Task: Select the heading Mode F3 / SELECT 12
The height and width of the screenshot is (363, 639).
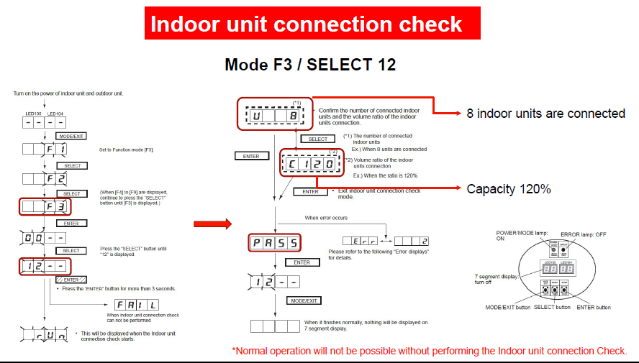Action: click(x=310, y=64)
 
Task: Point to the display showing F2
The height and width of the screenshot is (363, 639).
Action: click(x=46, y=180)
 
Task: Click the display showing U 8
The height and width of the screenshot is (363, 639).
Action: click(x=274, y=115)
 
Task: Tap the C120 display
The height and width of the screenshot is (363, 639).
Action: click(x=308, y=165)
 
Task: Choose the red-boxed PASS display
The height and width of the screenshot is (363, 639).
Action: click(x=274, y=242)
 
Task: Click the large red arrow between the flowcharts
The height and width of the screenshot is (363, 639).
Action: click(x=212, y=224)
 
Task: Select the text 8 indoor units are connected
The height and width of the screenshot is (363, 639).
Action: click(x=545, y=114)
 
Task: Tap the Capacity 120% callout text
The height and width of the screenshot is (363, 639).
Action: click(x=509, y=189)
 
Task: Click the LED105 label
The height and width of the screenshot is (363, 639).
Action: click(x=32, y=112)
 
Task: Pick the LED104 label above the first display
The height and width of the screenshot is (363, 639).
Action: click(x=57, y=112)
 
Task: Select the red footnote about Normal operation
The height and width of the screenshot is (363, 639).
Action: click(x=430, y=351)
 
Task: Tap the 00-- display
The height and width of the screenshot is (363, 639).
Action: click(x=46, y=236)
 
